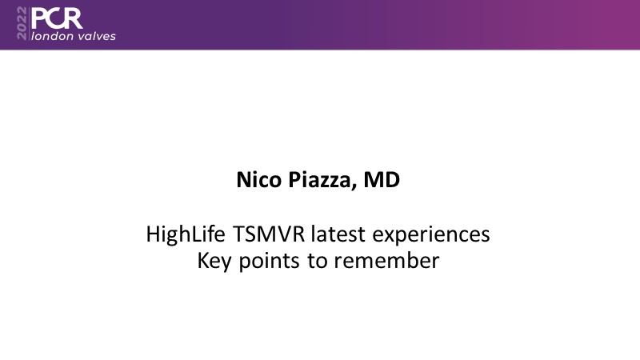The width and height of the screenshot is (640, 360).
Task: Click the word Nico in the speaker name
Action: pos(258,179)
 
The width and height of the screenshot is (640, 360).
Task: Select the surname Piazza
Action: pos(319,181)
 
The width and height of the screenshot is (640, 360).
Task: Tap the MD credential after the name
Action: pos(382,180)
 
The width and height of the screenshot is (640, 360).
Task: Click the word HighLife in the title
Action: pos(186,234)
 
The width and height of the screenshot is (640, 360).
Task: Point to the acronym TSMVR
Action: pos(269,234)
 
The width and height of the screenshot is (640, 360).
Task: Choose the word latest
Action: pos(338,234)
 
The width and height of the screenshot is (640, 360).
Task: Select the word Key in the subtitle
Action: pos(214,262)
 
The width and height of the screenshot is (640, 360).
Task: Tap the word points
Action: pos(269,262)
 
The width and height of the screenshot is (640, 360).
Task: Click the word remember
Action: pos(386,261)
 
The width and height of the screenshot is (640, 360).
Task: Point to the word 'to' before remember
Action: pos(317,262)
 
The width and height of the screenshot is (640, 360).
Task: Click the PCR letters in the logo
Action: pos(57,18)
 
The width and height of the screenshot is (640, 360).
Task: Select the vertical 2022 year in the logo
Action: pos(22,23)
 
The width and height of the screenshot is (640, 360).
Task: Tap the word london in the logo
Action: pos(52,36)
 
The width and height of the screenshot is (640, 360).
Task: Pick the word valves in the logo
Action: pos(96,36)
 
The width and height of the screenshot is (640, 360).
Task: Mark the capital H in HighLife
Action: pos(153,234)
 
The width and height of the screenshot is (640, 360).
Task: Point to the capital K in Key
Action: pos(203,261)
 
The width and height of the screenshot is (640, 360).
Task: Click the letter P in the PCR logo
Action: pos(38,18)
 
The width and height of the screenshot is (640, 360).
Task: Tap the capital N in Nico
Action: pos(244,180)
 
